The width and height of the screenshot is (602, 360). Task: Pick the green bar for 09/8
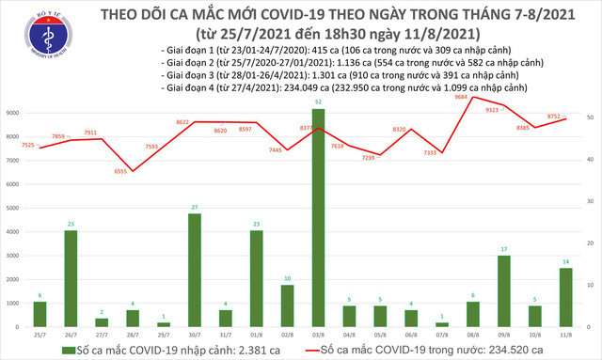(x=505, y=291)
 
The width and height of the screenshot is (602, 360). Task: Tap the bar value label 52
(x=320, y=102)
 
